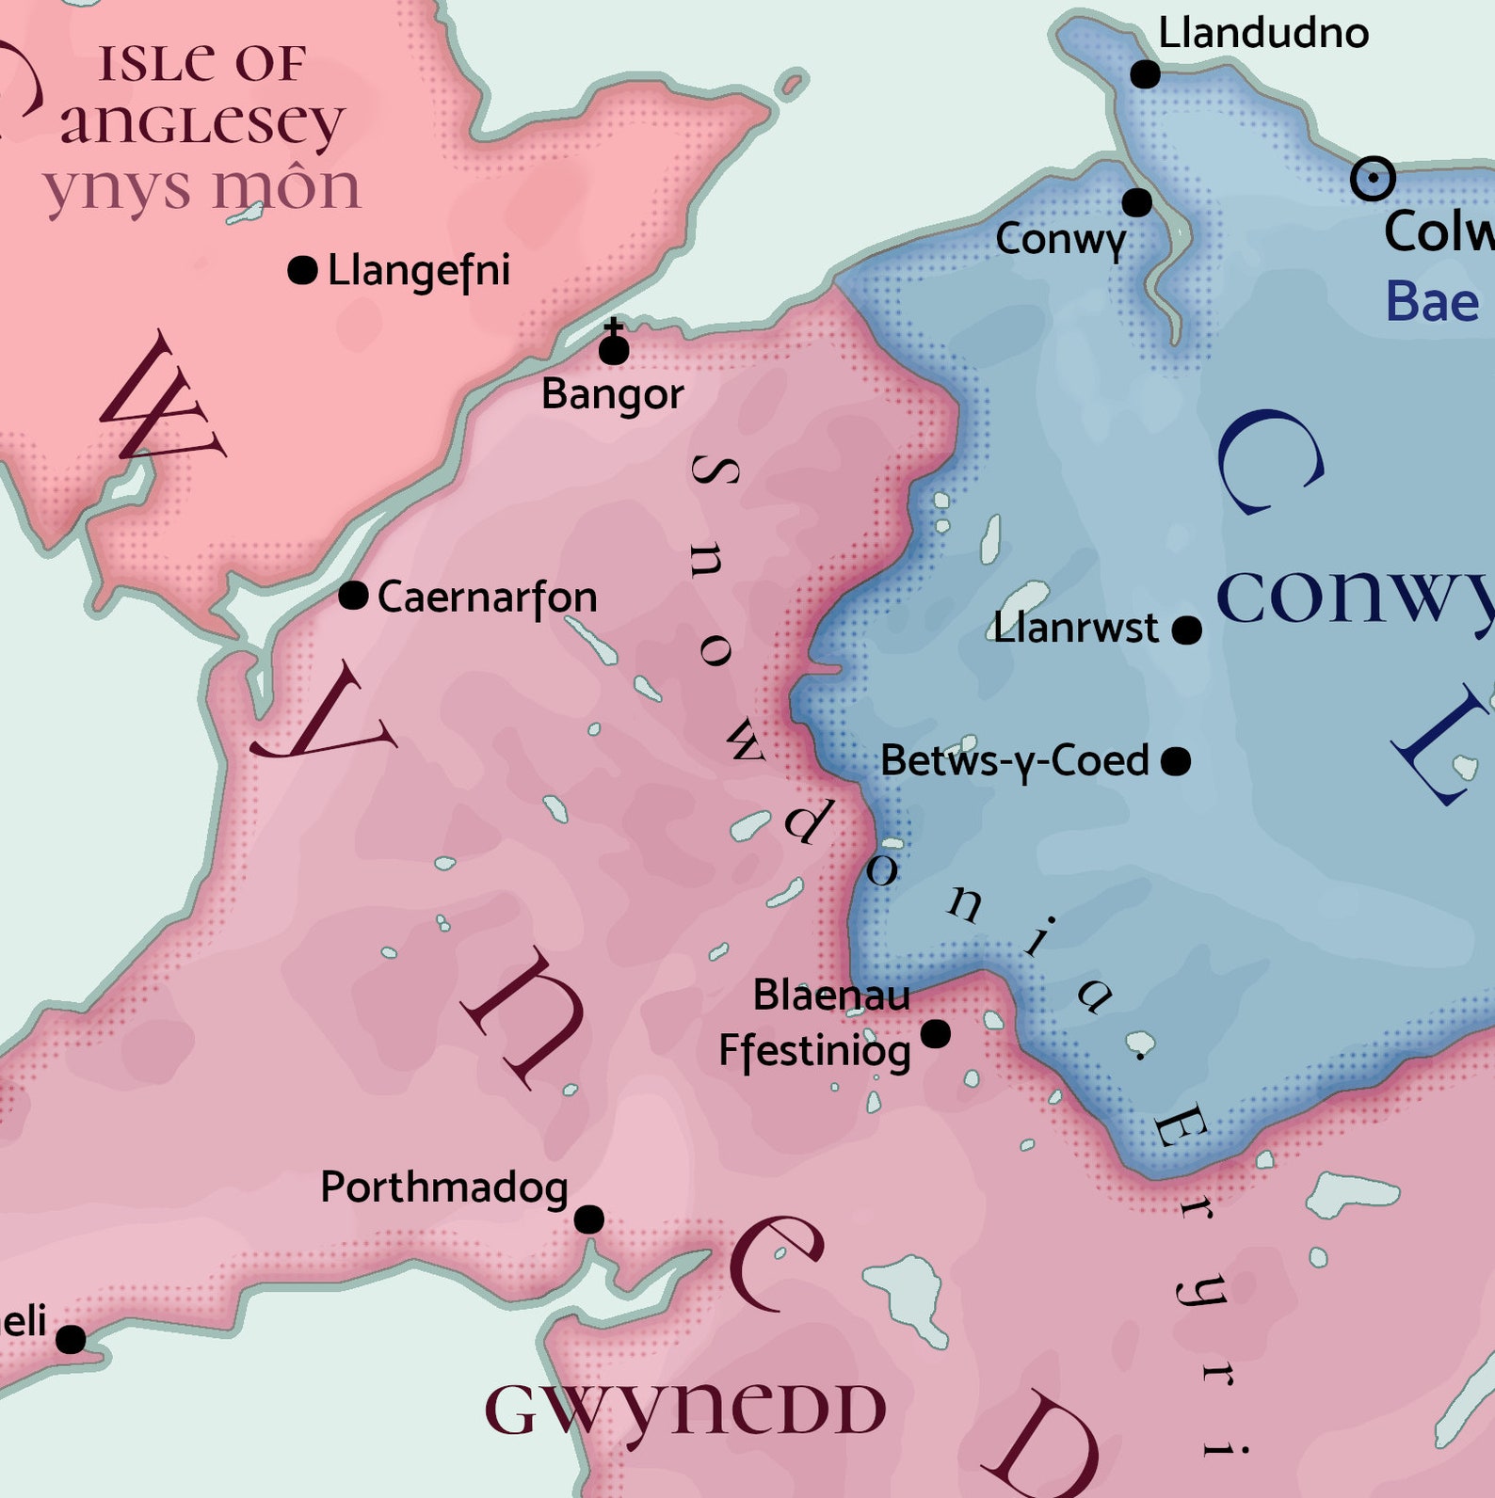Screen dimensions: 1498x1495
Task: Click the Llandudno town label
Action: coord(1262,34)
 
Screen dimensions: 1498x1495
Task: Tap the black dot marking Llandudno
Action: coord(1145,73)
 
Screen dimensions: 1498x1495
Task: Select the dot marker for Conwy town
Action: coord(1137,201)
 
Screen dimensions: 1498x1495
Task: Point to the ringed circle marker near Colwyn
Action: coord(1373,179)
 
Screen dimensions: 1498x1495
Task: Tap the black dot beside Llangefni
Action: coord(302,271)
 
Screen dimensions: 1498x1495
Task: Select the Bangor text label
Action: coord(612,394)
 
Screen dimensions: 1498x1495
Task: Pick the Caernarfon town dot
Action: coord(353,595)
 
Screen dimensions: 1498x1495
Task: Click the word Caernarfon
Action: coord(487,598)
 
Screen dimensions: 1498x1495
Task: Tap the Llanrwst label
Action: coord(1075,628)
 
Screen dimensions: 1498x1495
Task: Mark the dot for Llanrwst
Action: coord(1187,629)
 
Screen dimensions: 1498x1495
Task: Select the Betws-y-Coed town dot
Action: coord(1176,760)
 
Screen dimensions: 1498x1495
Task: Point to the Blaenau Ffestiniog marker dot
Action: coord(935,1034)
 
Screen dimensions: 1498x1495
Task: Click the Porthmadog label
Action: coord(443,1188)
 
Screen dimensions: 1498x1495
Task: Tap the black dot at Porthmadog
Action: coord(589,1219)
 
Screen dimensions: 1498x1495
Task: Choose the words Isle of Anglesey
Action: coord(202,94)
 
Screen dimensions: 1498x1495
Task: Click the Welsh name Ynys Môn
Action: coord(201,188)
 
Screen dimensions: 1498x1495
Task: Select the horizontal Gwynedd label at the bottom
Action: coord(685,1410)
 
